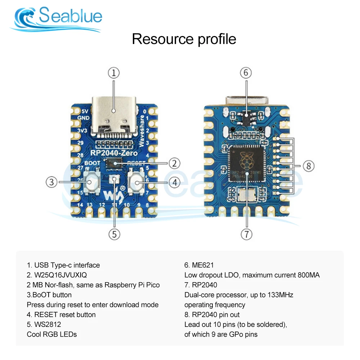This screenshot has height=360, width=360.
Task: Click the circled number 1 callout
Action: click(x=114, y=73)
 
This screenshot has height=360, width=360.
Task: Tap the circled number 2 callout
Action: click(x=175, y=163)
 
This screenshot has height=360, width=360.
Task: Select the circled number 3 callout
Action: click(x=52, y=182)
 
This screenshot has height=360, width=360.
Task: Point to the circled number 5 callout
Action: click(x=114, y=234)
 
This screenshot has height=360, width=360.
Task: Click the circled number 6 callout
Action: click(x=246, y=73)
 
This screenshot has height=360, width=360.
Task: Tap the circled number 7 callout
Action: click(x=246, y=234)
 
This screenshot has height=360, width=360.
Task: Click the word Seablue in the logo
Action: click(x=71, y=16)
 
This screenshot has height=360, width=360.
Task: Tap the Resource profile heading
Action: click(x=184, y=39)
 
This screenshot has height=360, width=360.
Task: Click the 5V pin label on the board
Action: click(x=80, y=112)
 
